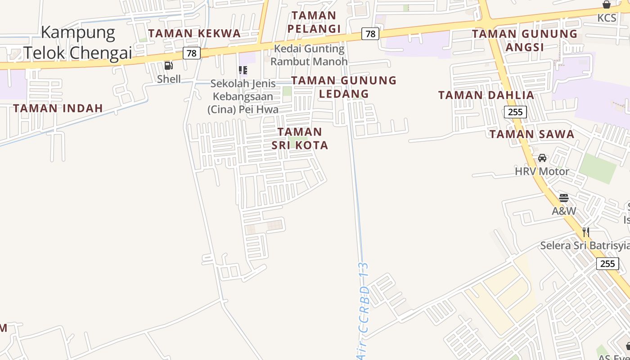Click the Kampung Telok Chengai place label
[x=78, y=42]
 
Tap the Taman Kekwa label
[x=194, y=33]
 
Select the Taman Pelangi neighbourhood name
[x=314, y=22]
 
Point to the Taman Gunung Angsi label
[x=525, y=40]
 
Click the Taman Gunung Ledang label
[x=344, y=87]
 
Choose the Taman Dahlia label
[x=486, y=95]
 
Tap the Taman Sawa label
[x=532, y=134]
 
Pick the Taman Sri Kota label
[x=300, y=138]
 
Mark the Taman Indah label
[x=58, y=108]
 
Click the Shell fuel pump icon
[x=169, y=66]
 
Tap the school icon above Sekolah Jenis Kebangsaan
[x=243, y=70]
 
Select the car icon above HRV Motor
[x=542, y=158]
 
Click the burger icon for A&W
[x=564, y=198]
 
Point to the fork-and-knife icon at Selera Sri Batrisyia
[x=585, y=232]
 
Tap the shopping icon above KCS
[x=607, y=5]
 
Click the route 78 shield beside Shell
[x=192, y=53]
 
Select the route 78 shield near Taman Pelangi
[x=370, y=34]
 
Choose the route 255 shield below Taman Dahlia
[x=515, y=112]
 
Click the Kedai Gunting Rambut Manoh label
[x=309, y=55]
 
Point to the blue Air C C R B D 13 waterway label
[x=363, y=310]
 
